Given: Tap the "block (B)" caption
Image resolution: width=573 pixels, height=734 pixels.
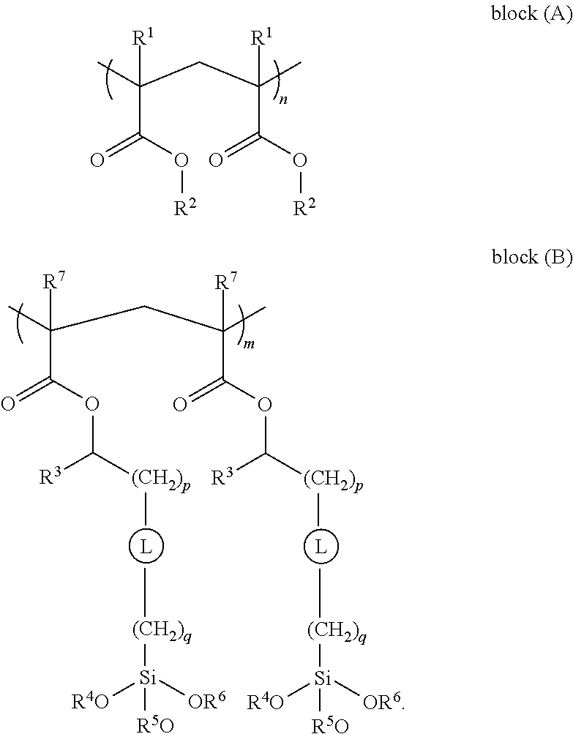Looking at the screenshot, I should [x=531, y=257].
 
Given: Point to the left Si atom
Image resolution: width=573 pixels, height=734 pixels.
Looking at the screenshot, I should [x=147, y=681].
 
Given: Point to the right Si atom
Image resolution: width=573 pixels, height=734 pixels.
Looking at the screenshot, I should [x=319, y=681].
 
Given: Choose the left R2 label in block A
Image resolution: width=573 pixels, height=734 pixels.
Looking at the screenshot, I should [x=184, y=209].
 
